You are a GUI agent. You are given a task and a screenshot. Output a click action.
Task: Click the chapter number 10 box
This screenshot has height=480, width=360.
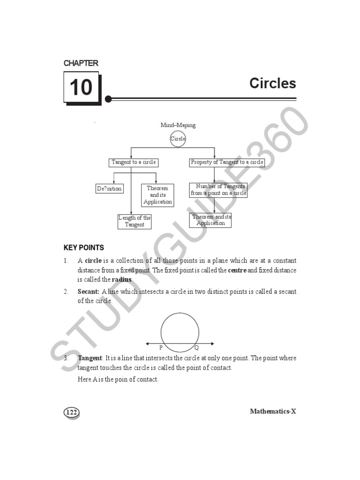pyautogui.click(x=81, y=87)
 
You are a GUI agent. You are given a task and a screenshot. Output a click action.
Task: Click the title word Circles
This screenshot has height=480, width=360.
pyautogui.click(x=273, y=83)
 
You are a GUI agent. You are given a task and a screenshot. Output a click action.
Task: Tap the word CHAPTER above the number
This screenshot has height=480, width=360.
pyautogui.click(x=81, y=63)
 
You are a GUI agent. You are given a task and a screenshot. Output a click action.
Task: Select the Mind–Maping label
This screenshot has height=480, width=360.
pyautogui.click(x=178, y=125)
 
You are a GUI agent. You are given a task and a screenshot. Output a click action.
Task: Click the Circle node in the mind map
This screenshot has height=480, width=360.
pyautogui.click(x=178, y=139)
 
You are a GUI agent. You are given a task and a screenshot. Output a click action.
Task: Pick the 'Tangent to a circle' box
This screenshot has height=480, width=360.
pyautogui.click(x=133, y=163)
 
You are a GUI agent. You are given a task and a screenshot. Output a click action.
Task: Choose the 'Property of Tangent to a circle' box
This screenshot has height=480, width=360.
pyautogui.click(x=227, y=163)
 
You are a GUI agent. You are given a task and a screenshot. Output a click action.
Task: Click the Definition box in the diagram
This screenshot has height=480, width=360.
pyautogui.click(x=109, y=188)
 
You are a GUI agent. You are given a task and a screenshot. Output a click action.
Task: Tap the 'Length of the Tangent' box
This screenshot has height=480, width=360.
pyautogui.click(x=135, y=221)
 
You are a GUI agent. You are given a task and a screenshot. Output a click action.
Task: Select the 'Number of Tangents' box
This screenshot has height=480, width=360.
pyautogui.click(x=218, y=190)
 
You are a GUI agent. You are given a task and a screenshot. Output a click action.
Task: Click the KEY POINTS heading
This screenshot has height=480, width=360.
pyautogui.click(x=84, y=247)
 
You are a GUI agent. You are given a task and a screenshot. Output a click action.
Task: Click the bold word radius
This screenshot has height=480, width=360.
pyautogui.click(x=122, y=280)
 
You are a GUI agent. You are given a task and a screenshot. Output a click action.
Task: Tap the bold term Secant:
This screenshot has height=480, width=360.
pyautogui.click(x=89, y=292)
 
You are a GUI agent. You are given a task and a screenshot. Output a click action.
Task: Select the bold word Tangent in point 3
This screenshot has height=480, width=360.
pyautogui.click(x=90, y=358)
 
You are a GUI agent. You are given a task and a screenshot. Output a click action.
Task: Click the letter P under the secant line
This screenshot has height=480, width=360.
pyautogui.click(x=161, y=348)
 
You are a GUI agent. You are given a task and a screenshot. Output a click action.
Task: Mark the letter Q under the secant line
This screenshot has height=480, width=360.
pyautogui.click(x=196, y=348)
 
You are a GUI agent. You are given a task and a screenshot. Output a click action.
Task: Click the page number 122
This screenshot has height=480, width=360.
pyautogui.click(x=71, y=412)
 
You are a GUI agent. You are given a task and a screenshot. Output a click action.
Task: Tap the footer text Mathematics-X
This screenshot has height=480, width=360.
pyautogui.click(x=273, y=412)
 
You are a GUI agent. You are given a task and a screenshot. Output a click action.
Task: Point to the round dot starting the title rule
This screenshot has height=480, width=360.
pyautogui.click(x=108, y=99)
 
